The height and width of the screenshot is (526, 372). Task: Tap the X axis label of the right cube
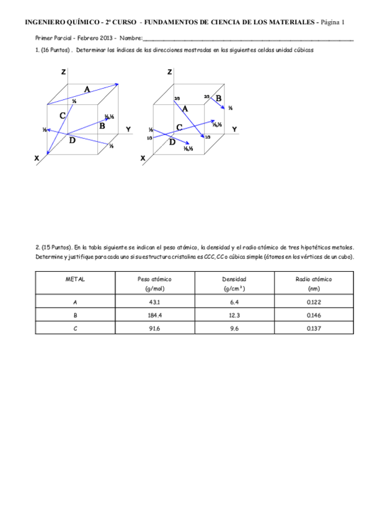tap(143, 159)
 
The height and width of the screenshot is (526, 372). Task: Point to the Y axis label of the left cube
tap(128, 129)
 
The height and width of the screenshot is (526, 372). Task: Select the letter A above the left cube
tap(87, 89)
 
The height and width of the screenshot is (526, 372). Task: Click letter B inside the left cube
tap(102, 126)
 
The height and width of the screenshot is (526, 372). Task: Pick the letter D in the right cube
tap(172, 142)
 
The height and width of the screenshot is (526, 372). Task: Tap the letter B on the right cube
tap(219, 98)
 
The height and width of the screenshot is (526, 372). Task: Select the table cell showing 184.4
tap(154, 315)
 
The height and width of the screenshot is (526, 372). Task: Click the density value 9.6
tap(234, 328)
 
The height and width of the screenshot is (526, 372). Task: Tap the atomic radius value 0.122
tap(314, 302)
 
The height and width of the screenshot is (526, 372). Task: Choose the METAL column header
tap(75, 279)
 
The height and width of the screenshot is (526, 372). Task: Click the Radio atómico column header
tap(314, 279)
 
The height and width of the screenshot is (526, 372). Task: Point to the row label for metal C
tap(75, 328)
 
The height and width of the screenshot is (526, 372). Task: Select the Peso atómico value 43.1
tap(154, 302)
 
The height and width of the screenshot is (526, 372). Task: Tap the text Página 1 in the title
tap(332, 22)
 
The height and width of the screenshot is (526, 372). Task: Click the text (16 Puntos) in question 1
tap(55, 50)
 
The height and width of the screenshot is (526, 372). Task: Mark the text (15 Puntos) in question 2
tap(55, 246)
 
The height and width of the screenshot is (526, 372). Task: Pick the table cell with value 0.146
tap(314, 315)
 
